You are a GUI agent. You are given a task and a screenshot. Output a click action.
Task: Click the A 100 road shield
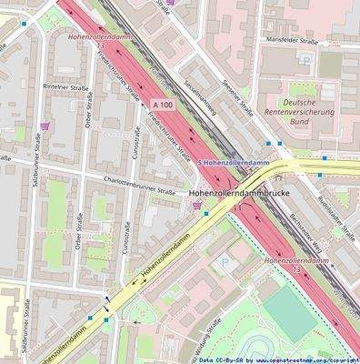pyautogui.click(x=161, y=106)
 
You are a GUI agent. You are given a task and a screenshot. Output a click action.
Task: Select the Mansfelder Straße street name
pyautogui.click(x=294, y=40)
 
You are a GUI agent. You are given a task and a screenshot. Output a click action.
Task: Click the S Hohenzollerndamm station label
pyautogui.click(x=235, y=162)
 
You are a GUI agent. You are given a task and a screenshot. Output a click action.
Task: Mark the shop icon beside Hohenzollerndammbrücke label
pyautogui.click(x=197, y=206)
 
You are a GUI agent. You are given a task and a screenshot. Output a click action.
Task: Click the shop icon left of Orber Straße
pyautogui.click(x=46, y=125)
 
